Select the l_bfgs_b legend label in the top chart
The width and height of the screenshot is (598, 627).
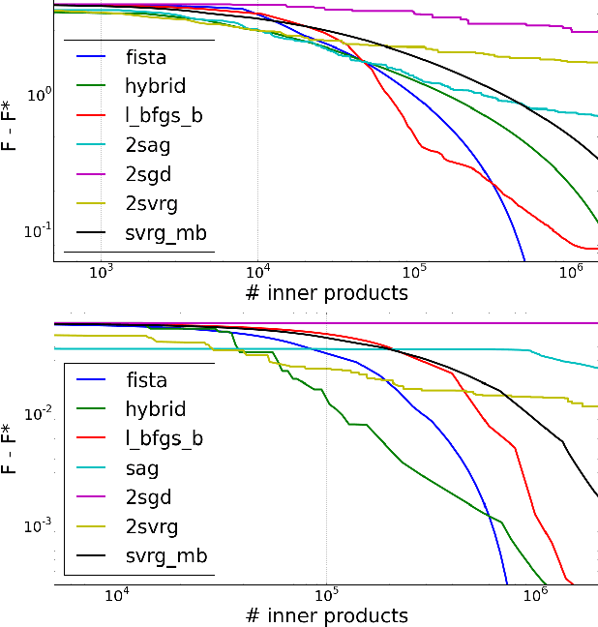(x=164, y=115)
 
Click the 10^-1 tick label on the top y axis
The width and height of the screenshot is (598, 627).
(x=37, y=230)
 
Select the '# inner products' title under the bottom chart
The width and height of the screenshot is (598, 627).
(x=328, y=615)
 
